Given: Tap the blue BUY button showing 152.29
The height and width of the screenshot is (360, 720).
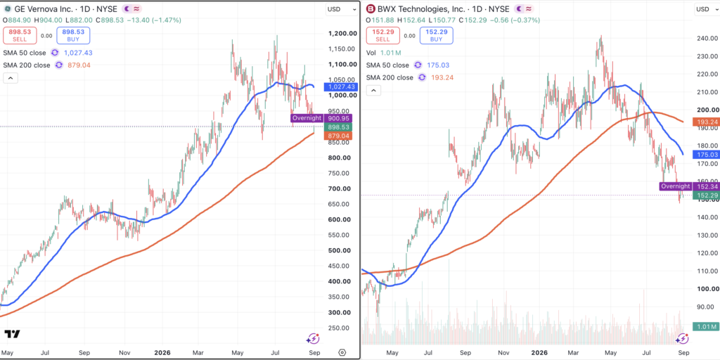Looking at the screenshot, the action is tap(436, 35).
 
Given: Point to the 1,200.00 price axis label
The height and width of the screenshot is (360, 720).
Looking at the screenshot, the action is tap(340, 34).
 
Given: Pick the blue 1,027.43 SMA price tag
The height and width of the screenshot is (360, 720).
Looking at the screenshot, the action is tap(337, 86).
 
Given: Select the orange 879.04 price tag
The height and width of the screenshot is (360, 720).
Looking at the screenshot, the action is tap(337, 136).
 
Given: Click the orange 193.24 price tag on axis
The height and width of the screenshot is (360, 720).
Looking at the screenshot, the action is tap(706, 122).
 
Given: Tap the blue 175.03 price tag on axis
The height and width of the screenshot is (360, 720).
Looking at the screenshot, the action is tap(706, 155).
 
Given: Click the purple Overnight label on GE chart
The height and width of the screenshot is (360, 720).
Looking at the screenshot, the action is tap(307, 118).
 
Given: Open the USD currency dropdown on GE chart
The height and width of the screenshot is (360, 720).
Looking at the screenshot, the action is tap(341, 9).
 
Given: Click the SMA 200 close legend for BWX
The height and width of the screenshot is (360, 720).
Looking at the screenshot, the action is tap(391, 77).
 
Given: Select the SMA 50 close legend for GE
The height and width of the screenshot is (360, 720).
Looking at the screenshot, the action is tap(26, 53).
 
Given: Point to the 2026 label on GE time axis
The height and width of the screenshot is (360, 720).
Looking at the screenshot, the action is tap(162, 353).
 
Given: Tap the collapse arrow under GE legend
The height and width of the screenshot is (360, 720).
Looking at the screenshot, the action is tap(10, 78).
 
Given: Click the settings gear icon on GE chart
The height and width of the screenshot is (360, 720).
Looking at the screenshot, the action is tap(342, 353).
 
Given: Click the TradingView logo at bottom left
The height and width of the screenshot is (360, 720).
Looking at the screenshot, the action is tap(13, 334).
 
